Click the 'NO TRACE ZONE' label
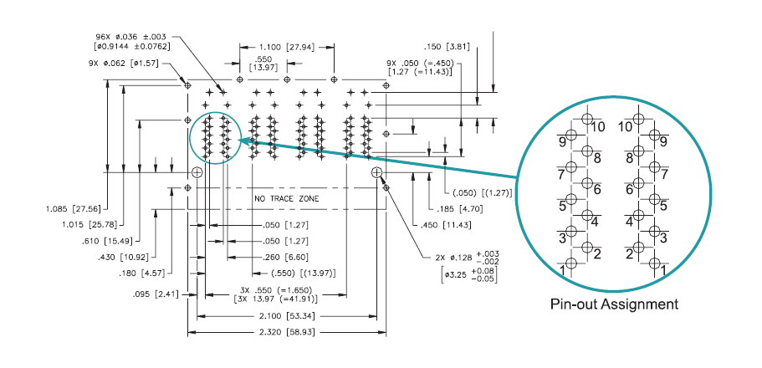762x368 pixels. click(x=287, y=198)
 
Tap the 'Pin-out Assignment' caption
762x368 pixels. click(x=615, y=304)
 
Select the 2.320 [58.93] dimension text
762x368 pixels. click(x=287, y=332)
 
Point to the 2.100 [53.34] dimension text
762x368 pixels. click(x=287, y=316)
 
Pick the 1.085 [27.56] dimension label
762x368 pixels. click(x=73, y=208)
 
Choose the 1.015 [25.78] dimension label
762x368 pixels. click(x=90, y=223)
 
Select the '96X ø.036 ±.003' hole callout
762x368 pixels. click(x=132, y=36)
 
